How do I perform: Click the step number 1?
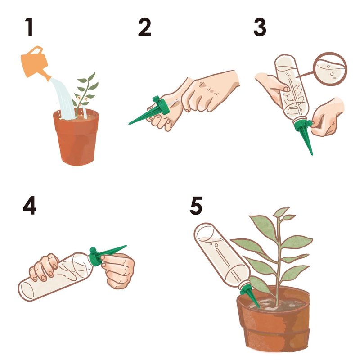[x=29, y=27]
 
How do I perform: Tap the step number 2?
[x=144, y=27]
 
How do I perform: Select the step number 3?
[x=260, y=27]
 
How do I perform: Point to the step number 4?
[x=30, y=206]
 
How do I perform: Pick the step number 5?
[x=196, y=206]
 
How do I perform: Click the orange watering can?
[x=35, y=63]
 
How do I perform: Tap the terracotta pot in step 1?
[x=76, y=138]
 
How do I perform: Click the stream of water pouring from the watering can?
[x=63, y=99]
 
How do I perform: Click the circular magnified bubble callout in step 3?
[x=330, y=69]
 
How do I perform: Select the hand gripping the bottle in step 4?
[x=44, y=267]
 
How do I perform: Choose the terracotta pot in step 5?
[x=273, y=321]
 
